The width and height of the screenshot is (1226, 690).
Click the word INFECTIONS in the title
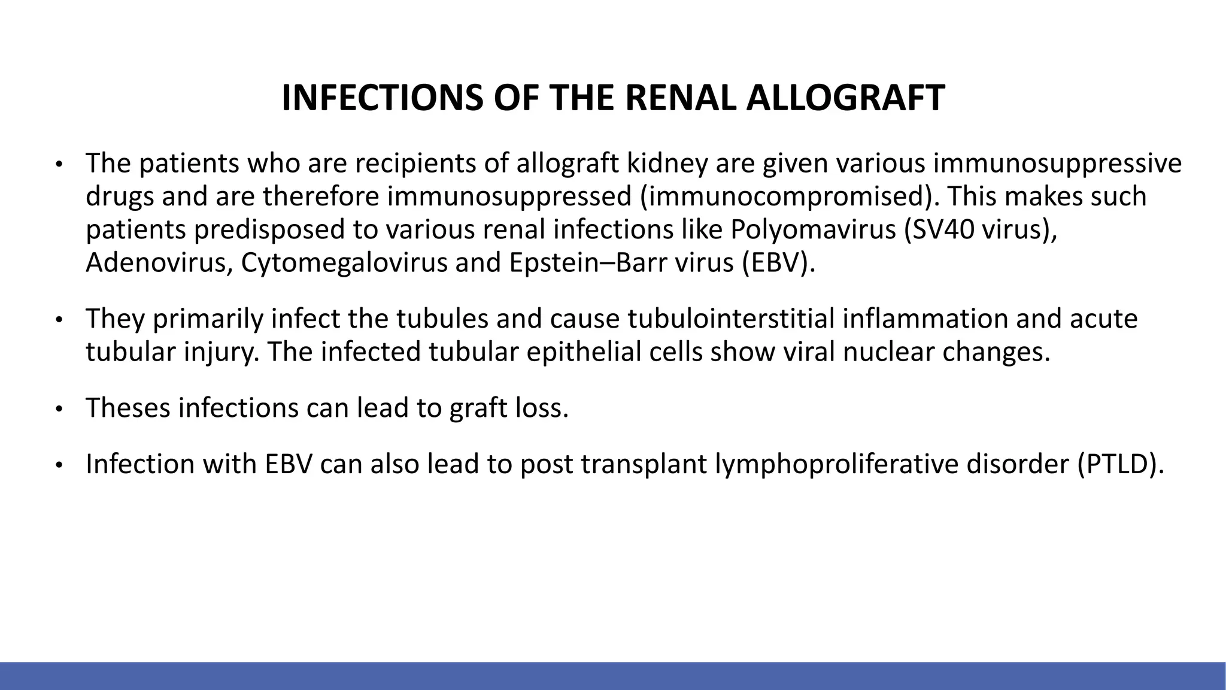[x=382, y=98]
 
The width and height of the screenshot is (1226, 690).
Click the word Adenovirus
[x=155, y=263]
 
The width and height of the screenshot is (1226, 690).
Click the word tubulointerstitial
[x=731, y=319]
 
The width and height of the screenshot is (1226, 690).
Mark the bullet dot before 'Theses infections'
[x=59, y=410]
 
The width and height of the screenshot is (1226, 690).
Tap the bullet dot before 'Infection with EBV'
[x=59, y=466]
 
